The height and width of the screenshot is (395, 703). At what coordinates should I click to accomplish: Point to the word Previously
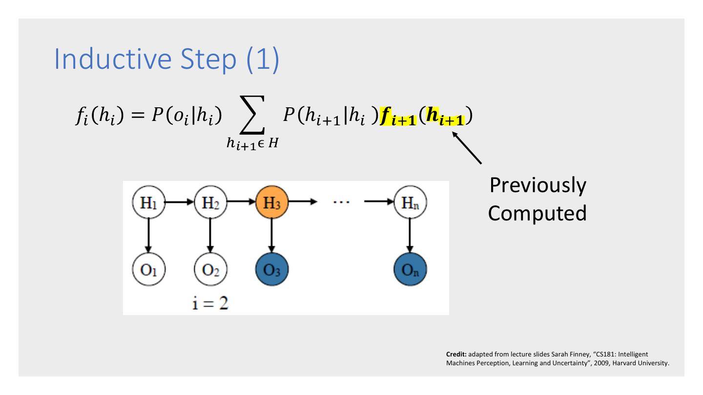pyautogui.click(x=537, y=187)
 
